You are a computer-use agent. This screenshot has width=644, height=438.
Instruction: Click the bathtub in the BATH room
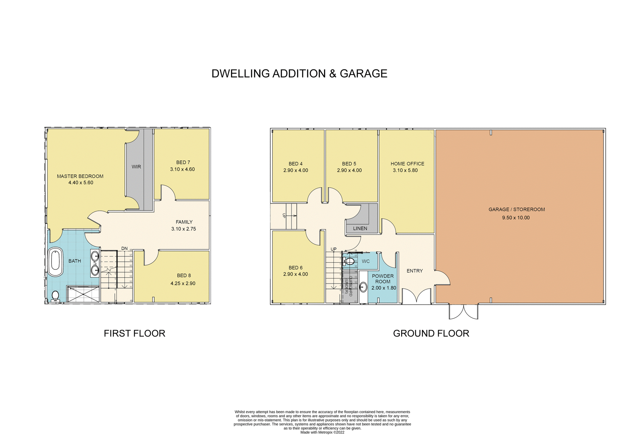[x=56, y=262]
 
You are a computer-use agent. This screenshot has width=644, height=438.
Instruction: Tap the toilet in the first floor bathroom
[x=55, y=296]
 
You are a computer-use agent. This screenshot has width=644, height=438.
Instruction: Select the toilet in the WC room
[x=350, y=261]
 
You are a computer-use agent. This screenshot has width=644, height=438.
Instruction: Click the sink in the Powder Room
[x=363, y=287]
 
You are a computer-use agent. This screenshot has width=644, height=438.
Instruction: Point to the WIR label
[x=136, y=167]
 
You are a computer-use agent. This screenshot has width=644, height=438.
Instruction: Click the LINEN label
[x=360, y=229]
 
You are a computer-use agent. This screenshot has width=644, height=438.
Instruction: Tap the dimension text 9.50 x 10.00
[x=516, y=218]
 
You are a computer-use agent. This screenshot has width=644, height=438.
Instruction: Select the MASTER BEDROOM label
[x=80, y=176]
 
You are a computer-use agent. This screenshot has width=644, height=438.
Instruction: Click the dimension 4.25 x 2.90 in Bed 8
[x=183, y=284]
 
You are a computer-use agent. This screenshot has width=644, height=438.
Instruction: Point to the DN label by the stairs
[x=124, y=249]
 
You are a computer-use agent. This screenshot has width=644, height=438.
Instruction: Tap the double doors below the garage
[x=464, y=312]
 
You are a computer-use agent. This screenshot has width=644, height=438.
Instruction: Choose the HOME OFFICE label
[x=407, y=164]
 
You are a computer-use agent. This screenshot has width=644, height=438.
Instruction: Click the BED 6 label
[x=296, y=268]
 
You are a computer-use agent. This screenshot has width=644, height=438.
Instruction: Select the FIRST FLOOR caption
[x=135, y=333]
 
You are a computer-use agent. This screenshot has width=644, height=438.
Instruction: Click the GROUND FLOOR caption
[x=431, y=333]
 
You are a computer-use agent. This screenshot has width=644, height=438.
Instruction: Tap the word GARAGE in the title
[x=363, y=74]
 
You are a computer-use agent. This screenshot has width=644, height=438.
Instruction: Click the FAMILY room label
[x=184, y=222]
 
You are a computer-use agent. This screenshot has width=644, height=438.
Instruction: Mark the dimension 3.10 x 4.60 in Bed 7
[x=182, y=170]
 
